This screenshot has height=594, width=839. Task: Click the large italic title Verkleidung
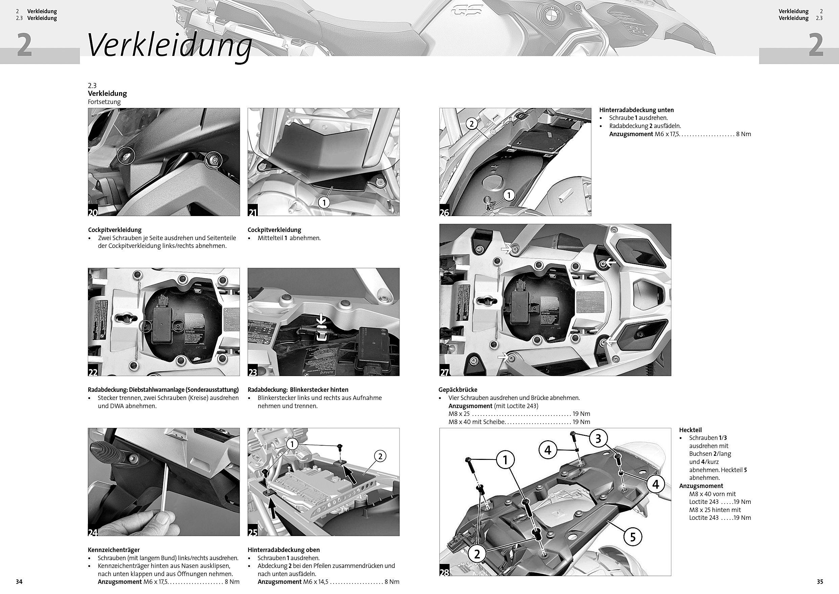point(169,46)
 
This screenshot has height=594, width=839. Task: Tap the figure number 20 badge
point(93,212)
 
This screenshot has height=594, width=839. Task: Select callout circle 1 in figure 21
point(324,202)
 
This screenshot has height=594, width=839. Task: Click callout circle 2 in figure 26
point(472,124)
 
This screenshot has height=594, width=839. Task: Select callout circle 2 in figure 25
point(380,456)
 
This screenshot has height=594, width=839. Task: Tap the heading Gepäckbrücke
point(457,389)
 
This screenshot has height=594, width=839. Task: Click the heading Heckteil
point(690,430)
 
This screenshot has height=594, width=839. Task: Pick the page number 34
point(19,581)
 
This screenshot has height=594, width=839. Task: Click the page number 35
point(820,581)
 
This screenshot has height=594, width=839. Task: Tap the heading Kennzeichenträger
point(114,550)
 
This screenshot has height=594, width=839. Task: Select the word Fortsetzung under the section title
point(104,102)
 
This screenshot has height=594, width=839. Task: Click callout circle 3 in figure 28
point(598,439)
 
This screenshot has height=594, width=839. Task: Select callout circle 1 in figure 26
point(509,196)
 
